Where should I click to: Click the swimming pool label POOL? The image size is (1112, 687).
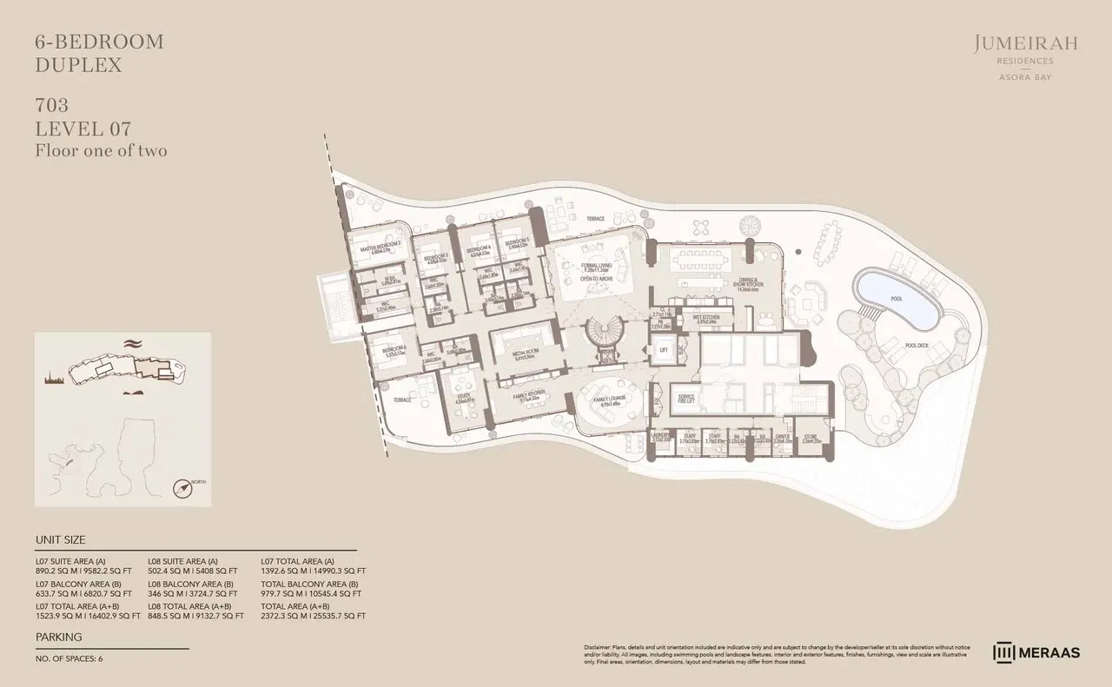[896, 299]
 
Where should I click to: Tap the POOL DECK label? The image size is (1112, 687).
[917, 345]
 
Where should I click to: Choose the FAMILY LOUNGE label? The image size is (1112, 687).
[607, 400]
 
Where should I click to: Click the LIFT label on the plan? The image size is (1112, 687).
[664, 350]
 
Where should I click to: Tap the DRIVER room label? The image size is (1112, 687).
[782, 437]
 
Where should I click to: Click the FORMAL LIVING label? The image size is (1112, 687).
[598, 266]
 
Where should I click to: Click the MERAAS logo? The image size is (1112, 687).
[1037, 651]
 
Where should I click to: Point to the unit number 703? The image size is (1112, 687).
[52, 106]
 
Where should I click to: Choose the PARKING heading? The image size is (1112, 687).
[59, 637]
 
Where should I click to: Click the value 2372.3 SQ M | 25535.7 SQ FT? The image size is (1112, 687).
[314, 615]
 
